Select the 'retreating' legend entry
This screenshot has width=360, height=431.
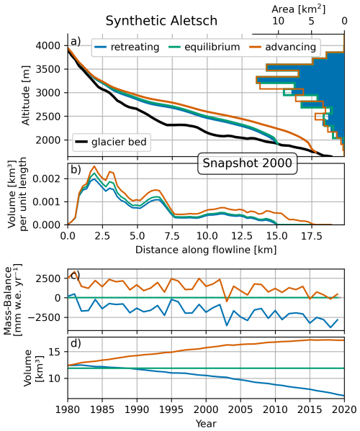132,47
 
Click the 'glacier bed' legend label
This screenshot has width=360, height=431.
123,142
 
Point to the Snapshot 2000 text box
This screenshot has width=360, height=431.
246,163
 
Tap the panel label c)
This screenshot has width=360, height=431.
74,275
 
